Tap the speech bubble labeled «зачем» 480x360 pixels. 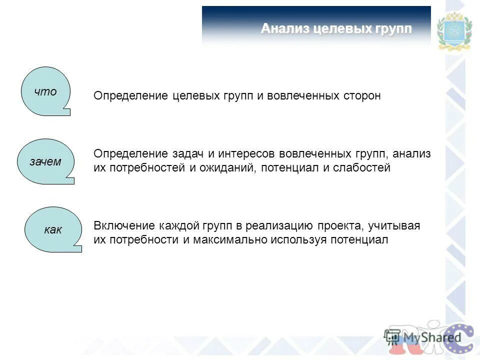click(x=46, y=161)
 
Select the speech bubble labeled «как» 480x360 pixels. click(x=52, y=230)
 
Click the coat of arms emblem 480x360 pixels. click(x=454, y=31)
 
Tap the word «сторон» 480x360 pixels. click(x=361, y=95)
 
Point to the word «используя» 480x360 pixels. click(x=296, y=240)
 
